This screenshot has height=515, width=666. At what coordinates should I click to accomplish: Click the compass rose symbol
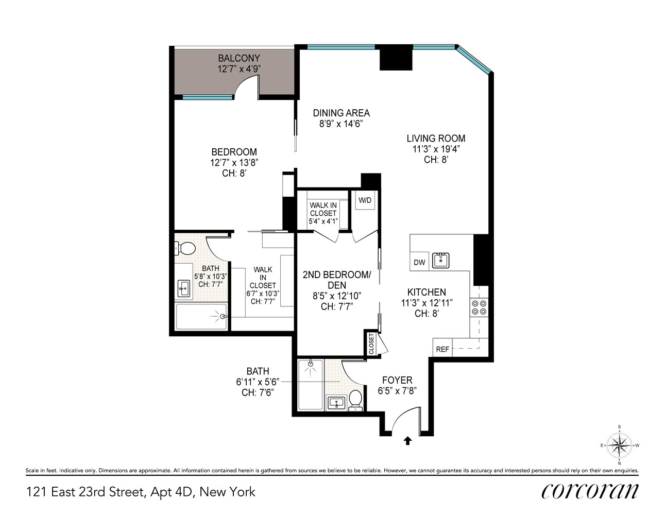tap(619, 444)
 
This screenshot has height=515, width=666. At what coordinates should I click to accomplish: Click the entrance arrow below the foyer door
tap(407, 440)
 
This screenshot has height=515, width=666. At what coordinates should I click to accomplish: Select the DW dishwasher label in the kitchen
tap(419, 262)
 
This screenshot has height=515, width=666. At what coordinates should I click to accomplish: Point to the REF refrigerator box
tap(442, 349)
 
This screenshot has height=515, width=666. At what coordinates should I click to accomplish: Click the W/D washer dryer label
tap(365, 200)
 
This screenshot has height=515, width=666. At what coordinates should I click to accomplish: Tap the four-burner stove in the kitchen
tap(479, 307)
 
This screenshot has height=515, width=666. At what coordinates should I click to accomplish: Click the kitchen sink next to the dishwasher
tap(440, 260)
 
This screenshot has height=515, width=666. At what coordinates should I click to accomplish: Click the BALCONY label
tap(238, 58)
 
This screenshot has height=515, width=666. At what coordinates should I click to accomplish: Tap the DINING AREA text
tap(341, 113)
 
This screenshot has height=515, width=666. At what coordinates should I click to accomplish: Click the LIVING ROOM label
tap(436, 138)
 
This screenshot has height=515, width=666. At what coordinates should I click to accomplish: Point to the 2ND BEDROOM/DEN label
tap(336, 280)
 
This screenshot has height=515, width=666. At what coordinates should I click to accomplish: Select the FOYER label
tap(397, 380)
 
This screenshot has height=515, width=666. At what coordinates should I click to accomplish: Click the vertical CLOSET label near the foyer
tap(371, 344)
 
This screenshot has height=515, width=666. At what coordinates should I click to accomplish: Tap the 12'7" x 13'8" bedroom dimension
tap(234, 162)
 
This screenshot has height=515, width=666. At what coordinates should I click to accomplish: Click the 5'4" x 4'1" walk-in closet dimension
tap(323, 221)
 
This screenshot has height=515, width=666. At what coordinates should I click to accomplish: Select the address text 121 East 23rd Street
tap(84, 492)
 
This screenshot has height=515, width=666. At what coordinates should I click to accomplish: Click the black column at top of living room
tap(396, 58)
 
